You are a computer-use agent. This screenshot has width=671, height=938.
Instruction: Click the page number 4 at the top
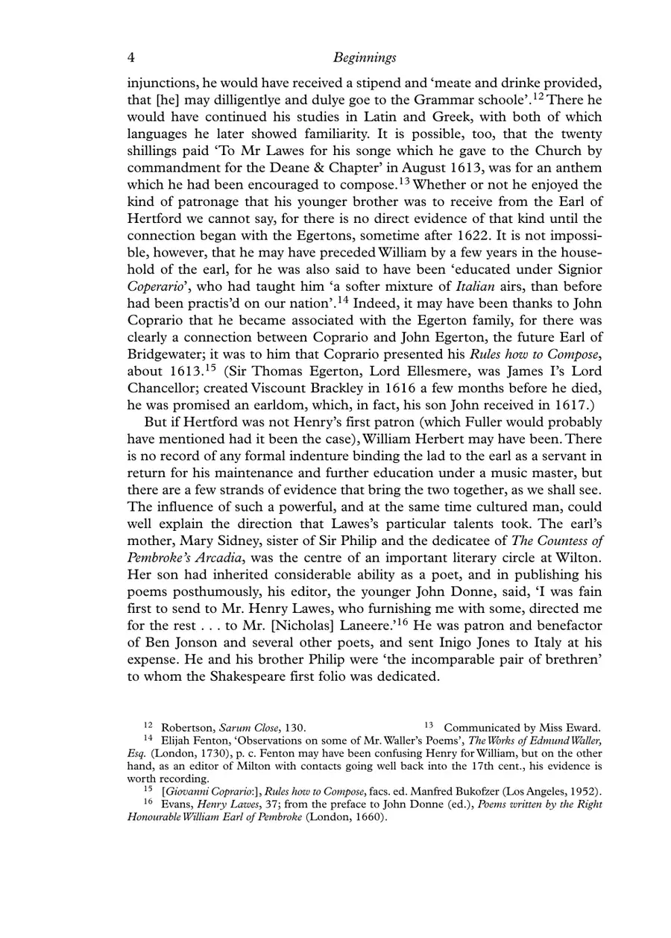click(x=131, y=57)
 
